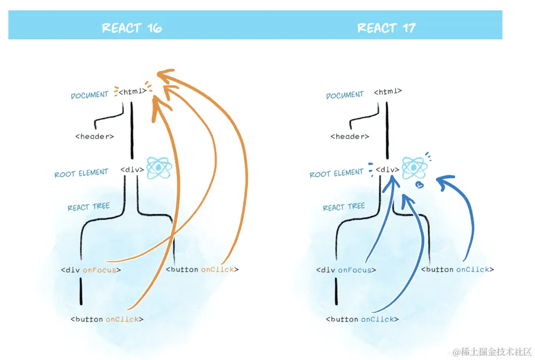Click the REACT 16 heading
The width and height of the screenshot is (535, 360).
132,28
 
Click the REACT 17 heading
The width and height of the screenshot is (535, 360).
386,28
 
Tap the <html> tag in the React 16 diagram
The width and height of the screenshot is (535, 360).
133,92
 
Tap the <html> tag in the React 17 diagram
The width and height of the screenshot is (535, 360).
388,92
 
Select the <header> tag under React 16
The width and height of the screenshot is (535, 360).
95,136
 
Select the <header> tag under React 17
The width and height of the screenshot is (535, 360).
350,136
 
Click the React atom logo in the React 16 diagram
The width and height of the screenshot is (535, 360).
159,168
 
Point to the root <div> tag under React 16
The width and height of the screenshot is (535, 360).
132,169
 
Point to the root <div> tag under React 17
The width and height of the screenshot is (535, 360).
387,169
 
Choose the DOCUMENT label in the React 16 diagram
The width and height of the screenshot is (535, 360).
90,95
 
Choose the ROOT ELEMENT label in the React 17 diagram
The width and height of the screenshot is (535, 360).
336,174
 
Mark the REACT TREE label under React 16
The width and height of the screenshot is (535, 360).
89,207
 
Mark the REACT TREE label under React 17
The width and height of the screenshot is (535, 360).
344,207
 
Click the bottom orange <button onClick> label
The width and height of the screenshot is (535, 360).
107,319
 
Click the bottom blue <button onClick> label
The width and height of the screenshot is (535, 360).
362,319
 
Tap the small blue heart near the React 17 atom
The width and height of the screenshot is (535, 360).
420,185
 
